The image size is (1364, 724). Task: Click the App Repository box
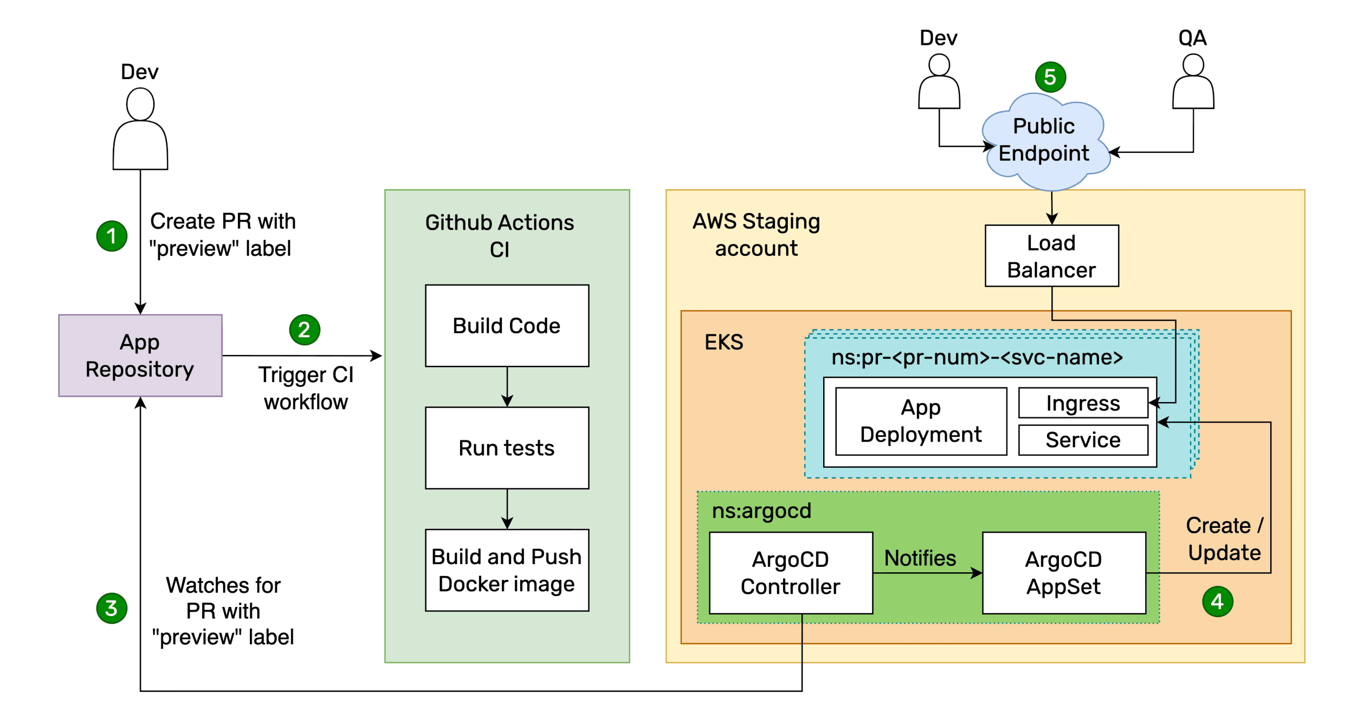tap(140, 355)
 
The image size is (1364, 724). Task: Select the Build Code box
tap(507, 326)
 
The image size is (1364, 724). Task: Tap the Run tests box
tap(507, 448)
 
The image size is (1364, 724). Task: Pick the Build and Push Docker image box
tap(507, 570)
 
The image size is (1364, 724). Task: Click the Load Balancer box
tap(1051, 256)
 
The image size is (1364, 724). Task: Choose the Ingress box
tap(1083, 403)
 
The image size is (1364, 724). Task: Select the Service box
tap(1083, 440)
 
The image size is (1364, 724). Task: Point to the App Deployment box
tap(921, 421)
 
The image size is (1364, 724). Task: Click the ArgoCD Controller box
tap(791, 573)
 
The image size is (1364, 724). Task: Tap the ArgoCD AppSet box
tap(1064, 573)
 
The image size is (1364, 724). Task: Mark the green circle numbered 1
tap(112, 236)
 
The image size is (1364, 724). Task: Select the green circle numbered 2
tap(305, 329)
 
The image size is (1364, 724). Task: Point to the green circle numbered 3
tap(112, 608)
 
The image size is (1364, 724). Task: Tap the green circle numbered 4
tap(1217, 602)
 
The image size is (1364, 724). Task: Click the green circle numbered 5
tap(1050, 77)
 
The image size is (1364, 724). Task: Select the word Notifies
tap(920, 558)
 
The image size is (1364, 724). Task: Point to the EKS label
tap(723, 342)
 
